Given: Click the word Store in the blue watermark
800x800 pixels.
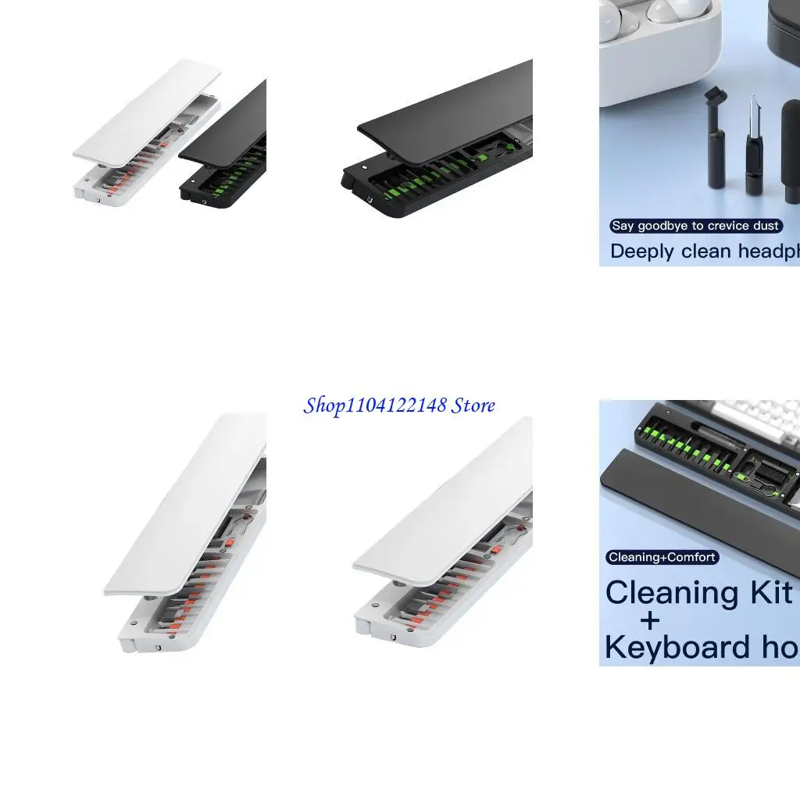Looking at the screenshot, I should click(x=473, y=405).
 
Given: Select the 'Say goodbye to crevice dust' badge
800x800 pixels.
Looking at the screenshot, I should click(x=695, y=226).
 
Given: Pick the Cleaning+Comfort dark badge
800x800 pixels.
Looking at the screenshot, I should click(x=662, y=557).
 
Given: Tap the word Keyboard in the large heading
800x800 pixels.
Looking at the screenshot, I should click(x=677, y=648).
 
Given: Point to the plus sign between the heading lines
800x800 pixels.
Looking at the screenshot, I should click(x=648, y=620).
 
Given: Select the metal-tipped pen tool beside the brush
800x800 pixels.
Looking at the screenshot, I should click(x=754, y=148).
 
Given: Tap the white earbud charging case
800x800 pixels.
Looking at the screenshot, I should click(x=664, y=31).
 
